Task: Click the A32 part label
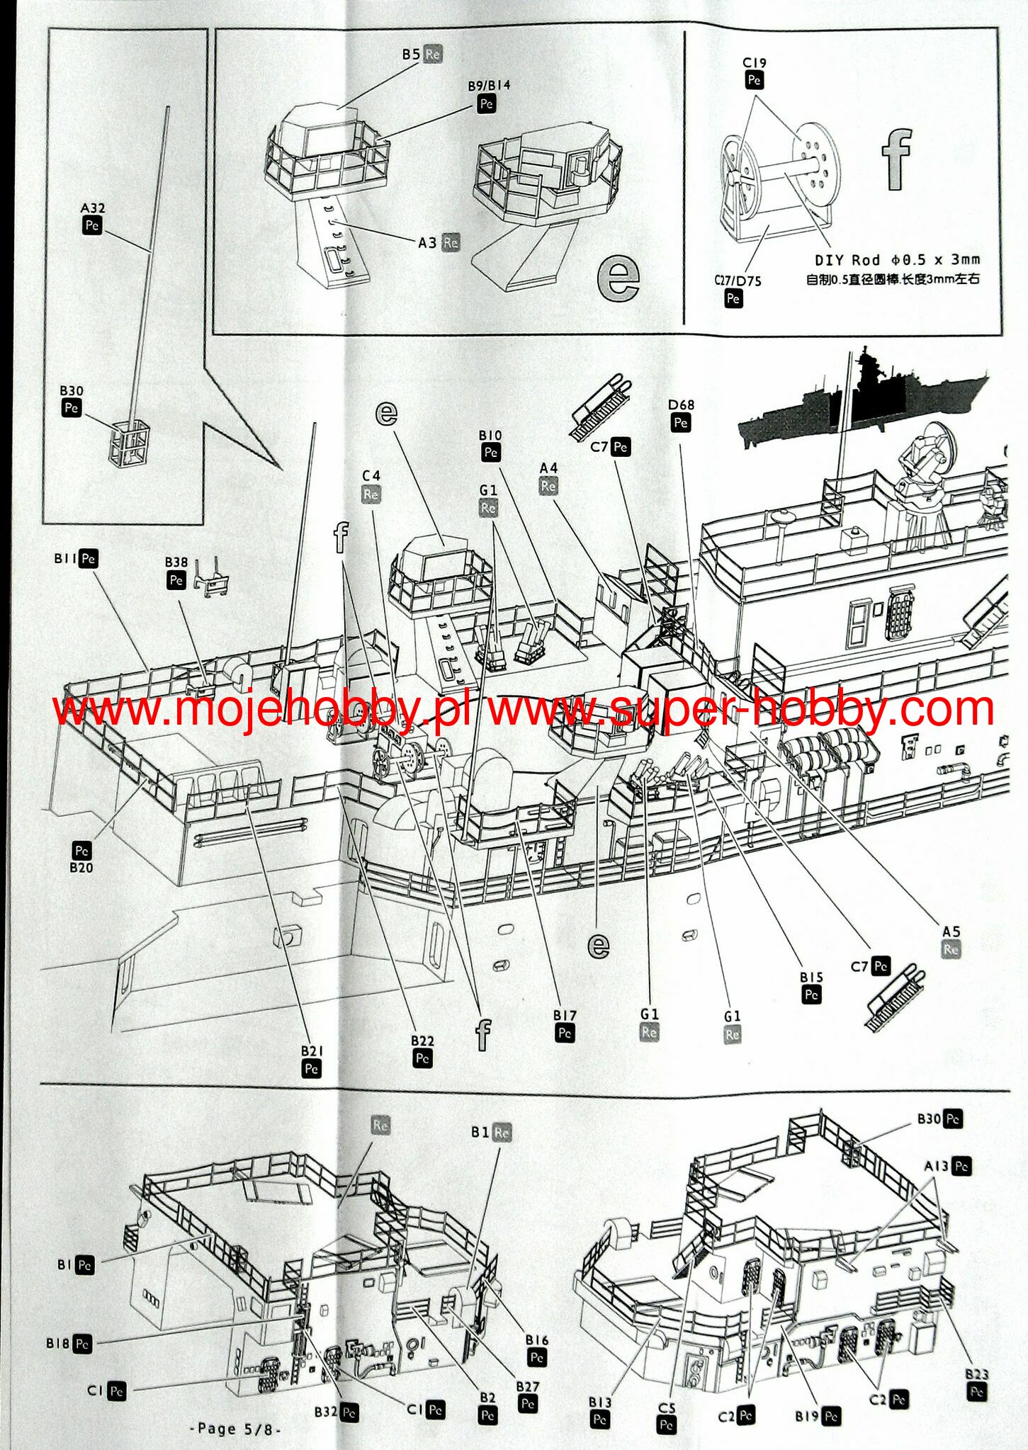click(x=92, y=208)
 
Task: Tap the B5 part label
click(x=411, y=54)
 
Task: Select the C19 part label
click(x=755, y=63)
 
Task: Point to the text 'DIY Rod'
click(x=847, y=260)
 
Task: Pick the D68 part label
click(x=681, y=405)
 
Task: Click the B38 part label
click(x=176, y=562)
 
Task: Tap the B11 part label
click(x=66, y=558)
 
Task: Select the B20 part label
click(x=81, y=867)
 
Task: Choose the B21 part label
click(x=312, y=1050)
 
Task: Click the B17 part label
click(x=565, y=1015)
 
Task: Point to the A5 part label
click(x=951, y=931)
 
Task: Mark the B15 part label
click(x=811, y=977)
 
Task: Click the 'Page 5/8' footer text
click(x=236, y=1428)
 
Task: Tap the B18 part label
click(x=57, y=1342)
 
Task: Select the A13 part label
click(x=936, y=1165)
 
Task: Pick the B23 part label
click(x=976, y=1374)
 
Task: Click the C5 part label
click(x=667, y=1408)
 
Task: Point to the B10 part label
click(x=490, y=435)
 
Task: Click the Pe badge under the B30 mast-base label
click(x=71, y=408)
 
